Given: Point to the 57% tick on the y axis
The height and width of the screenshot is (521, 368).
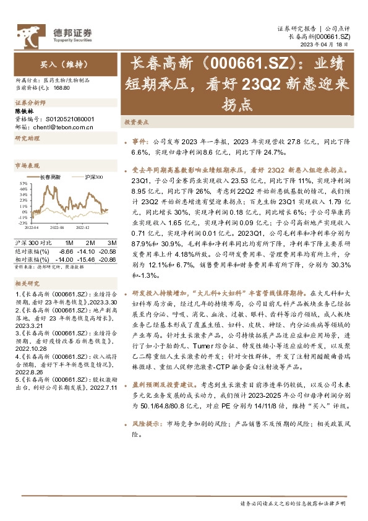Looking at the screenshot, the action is click(22, 184).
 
